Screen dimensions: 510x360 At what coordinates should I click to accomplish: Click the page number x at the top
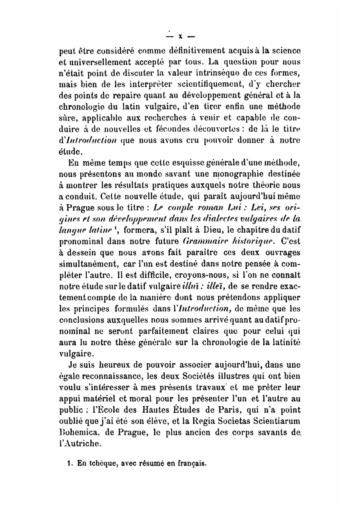[x=180, y=36]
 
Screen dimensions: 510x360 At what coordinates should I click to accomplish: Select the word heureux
[x=109, y=365]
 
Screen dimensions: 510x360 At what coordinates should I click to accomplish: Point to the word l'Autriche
[x=80, y=443]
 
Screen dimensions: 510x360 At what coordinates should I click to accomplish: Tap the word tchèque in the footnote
[x=103, y=464]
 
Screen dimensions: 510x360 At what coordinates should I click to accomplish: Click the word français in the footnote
[x=191, y=464]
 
